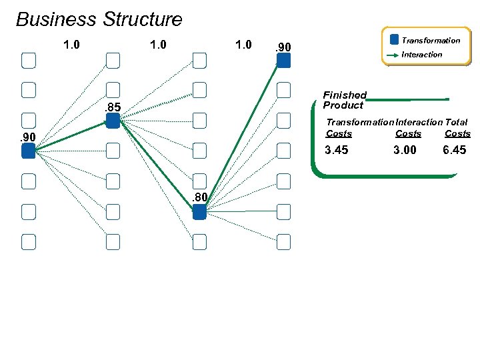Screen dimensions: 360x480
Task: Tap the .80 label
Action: (199, 197)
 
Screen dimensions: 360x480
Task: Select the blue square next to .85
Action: (113, 121)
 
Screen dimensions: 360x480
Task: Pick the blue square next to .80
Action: (199, 212)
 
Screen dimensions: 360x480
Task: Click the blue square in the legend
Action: (394, 40)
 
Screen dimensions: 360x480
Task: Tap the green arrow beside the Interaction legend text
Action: (393, 55)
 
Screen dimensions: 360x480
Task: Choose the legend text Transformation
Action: (431, 41)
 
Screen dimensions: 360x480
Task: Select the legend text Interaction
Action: (422, 55)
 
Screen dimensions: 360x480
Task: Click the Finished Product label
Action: (344, 100)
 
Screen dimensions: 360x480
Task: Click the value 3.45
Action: (336, 150)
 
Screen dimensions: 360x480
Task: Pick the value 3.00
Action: (405, 150)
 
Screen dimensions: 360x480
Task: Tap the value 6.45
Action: (455, 150)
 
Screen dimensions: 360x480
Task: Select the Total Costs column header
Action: (457, 128)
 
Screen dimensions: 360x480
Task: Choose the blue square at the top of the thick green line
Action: (283, 61)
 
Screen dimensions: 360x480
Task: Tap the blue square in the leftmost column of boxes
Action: (28, 151)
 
